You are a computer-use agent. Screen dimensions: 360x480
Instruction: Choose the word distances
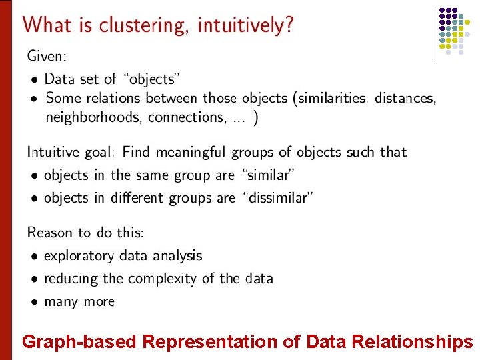[x=405, y=98]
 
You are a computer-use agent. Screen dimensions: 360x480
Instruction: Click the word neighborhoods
[x=93, y=117]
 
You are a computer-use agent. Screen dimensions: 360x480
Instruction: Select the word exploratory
[x=83, y=256]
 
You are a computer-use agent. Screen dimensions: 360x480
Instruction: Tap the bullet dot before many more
[x=33, y=302]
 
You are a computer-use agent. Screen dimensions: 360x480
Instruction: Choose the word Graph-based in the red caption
[x=79, y=343]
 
